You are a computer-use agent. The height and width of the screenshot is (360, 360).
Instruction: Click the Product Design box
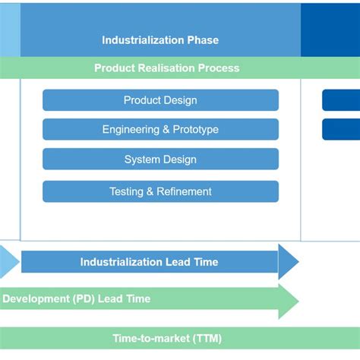160,100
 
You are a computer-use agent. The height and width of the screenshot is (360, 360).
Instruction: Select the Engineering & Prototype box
160,130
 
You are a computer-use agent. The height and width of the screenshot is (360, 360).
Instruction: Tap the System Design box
160,159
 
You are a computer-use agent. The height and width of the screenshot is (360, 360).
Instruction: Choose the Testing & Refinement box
160,191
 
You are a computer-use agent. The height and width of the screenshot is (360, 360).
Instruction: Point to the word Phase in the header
203,39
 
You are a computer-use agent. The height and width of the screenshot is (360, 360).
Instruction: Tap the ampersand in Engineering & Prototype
165,130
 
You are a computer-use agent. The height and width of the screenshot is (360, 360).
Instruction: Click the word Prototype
195,130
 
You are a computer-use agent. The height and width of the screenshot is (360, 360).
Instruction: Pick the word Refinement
185,191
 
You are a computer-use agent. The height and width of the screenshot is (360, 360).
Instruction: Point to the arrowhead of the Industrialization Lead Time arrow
289,262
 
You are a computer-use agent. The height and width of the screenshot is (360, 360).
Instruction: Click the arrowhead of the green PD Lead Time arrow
289,300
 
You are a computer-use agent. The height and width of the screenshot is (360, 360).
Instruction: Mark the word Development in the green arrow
35,299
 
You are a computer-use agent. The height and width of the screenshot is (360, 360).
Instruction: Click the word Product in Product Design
142,100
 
